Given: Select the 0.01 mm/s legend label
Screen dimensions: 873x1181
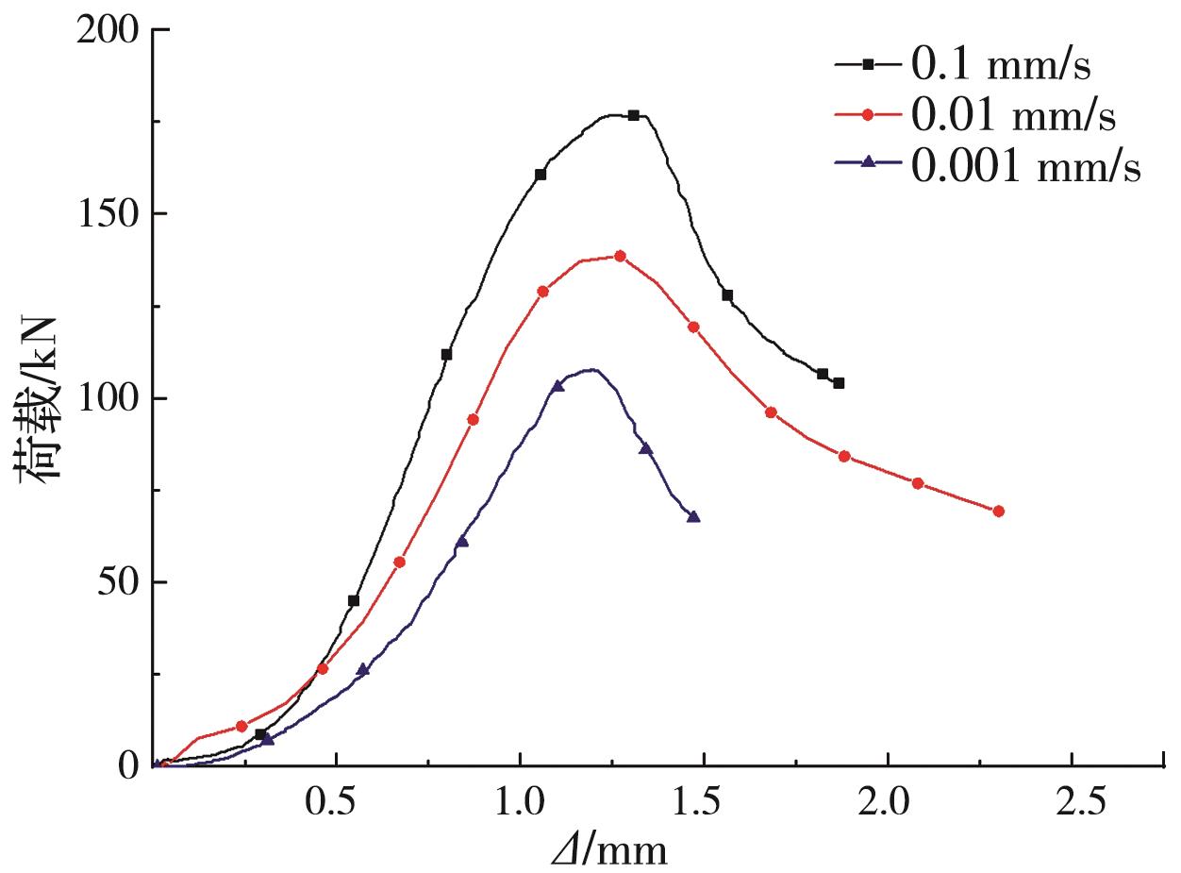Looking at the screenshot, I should tap(1013, 116).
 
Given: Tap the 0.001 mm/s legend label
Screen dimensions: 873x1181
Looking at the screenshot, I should tap(1025, 167).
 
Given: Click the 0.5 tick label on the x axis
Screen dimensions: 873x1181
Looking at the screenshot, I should tap(336, 801).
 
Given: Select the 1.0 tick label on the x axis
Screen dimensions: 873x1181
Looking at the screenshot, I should tap(520, 801).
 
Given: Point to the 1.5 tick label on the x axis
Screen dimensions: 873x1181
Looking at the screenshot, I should tap(704, 801).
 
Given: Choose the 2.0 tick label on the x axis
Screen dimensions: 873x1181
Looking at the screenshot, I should tap(888, 801).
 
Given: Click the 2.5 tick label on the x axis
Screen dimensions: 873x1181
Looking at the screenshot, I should tap(1073, 801).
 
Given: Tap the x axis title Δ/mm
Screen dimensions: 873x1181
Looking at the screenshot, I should tap(609, 850).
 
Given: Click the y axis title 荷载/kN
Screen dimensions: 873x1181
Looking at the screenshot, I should tap(40, 398).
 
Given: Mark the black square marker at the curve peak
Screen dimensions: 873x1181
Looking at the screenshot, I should tap(634, 115).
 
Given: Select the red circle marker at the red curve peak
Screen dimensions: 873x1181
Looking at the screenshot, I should tap(620, 256).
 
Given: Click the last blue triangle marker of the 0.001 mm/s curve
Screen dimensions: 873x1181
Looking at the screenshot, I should tap(694, 517).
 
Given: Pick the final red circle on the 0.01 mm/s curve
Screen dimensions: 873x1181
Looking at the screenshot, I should tap(999, 512).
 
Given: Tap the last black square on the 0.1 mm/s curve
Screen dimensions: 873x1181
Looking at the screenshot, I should tap(839, 383).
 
